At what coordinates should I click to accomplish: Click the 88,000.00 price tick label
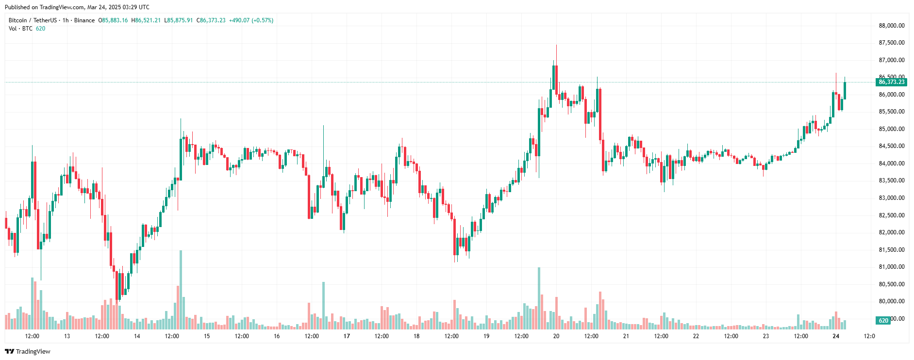click(892, 26)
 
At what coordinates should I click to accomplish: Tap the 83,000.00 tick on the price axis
click(892, 198)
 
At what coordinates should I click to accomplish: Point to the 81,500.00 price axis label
click(892, 250)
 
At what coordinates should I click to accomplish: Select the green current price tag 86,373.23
click(892, 82)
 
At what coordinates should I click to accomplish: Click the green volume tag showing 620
click(883, 320)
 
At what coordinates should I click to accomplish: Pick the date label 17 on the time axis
click(347, 336)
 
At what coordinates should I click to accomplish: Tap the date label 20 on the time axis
click(556, 336)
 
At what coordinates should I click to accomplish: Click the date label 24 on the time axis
click(836, 336)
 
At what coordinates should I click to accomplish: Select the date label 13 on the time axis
click(67, 336)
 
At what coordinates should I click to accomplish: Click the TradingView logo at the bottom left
click(28, 351)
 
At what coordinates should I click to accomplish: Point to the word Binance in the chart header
click(84, 20)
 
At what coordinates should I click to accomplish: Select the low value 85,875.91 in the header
click(180, 20)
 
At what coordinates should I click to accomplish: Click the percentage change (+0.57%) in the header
click(263, 20)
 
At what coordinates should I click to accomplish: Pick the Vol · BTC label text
click(20, 29)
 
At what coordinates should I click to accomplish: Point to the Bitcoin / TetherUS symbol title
click(33, 20)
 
